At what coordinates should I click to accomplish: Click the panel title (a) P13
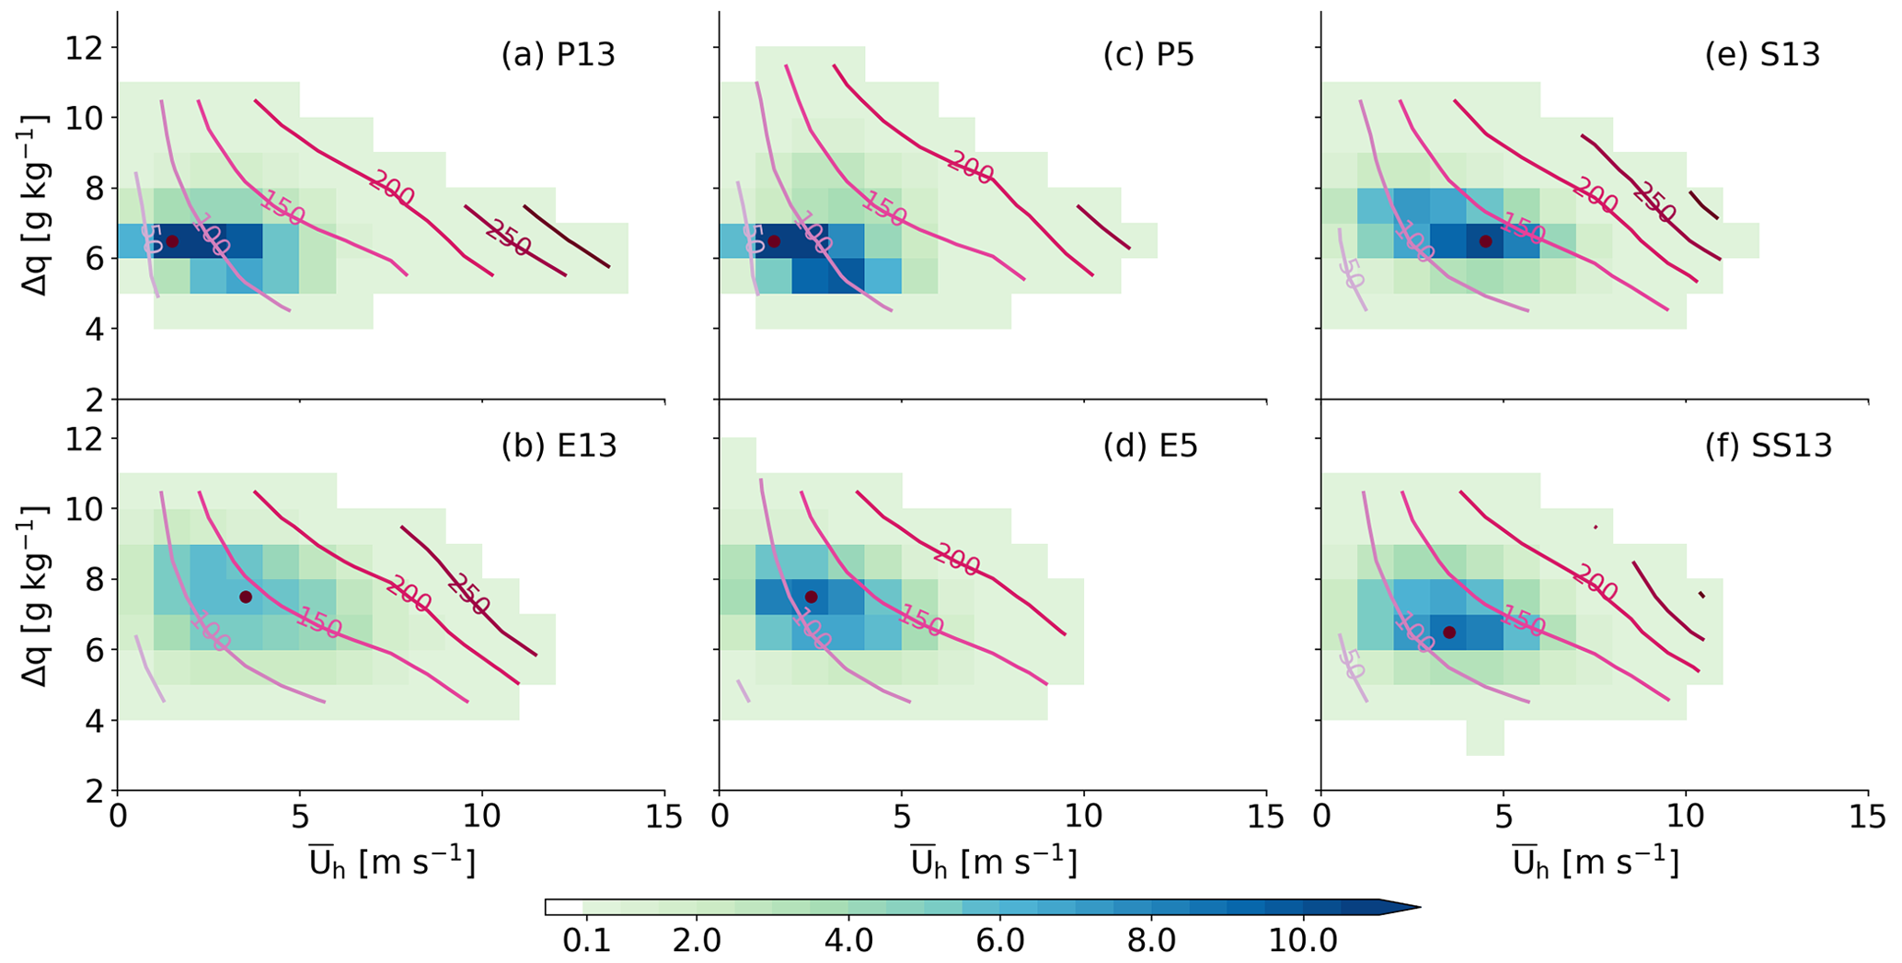(x=558, y=55)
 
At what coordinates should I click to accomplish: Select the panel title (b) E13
(x=559, y=446)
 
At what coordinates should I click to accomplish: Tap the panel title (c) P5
(x=1148, y=55)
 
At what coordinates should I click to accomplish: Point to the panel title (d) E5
(x=1150, y=446)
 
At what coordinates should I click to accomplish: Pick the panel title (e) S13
(x=1762, y=55)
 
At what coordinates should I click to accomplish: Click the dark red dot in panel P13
(x=172, y=241)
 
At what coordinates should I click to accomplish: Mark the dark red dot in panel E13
(x=246, y=597)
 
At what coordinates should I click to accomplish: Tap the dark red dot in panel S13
(x=1485, y=241)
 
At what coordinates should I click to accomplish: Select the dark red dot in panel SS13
(x=1449, y=632)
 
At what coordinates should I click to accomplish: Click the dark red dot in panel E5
(x=811, y=597)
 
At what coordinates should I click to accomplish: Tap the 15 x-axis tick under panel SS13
(x=1868, y=817)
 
